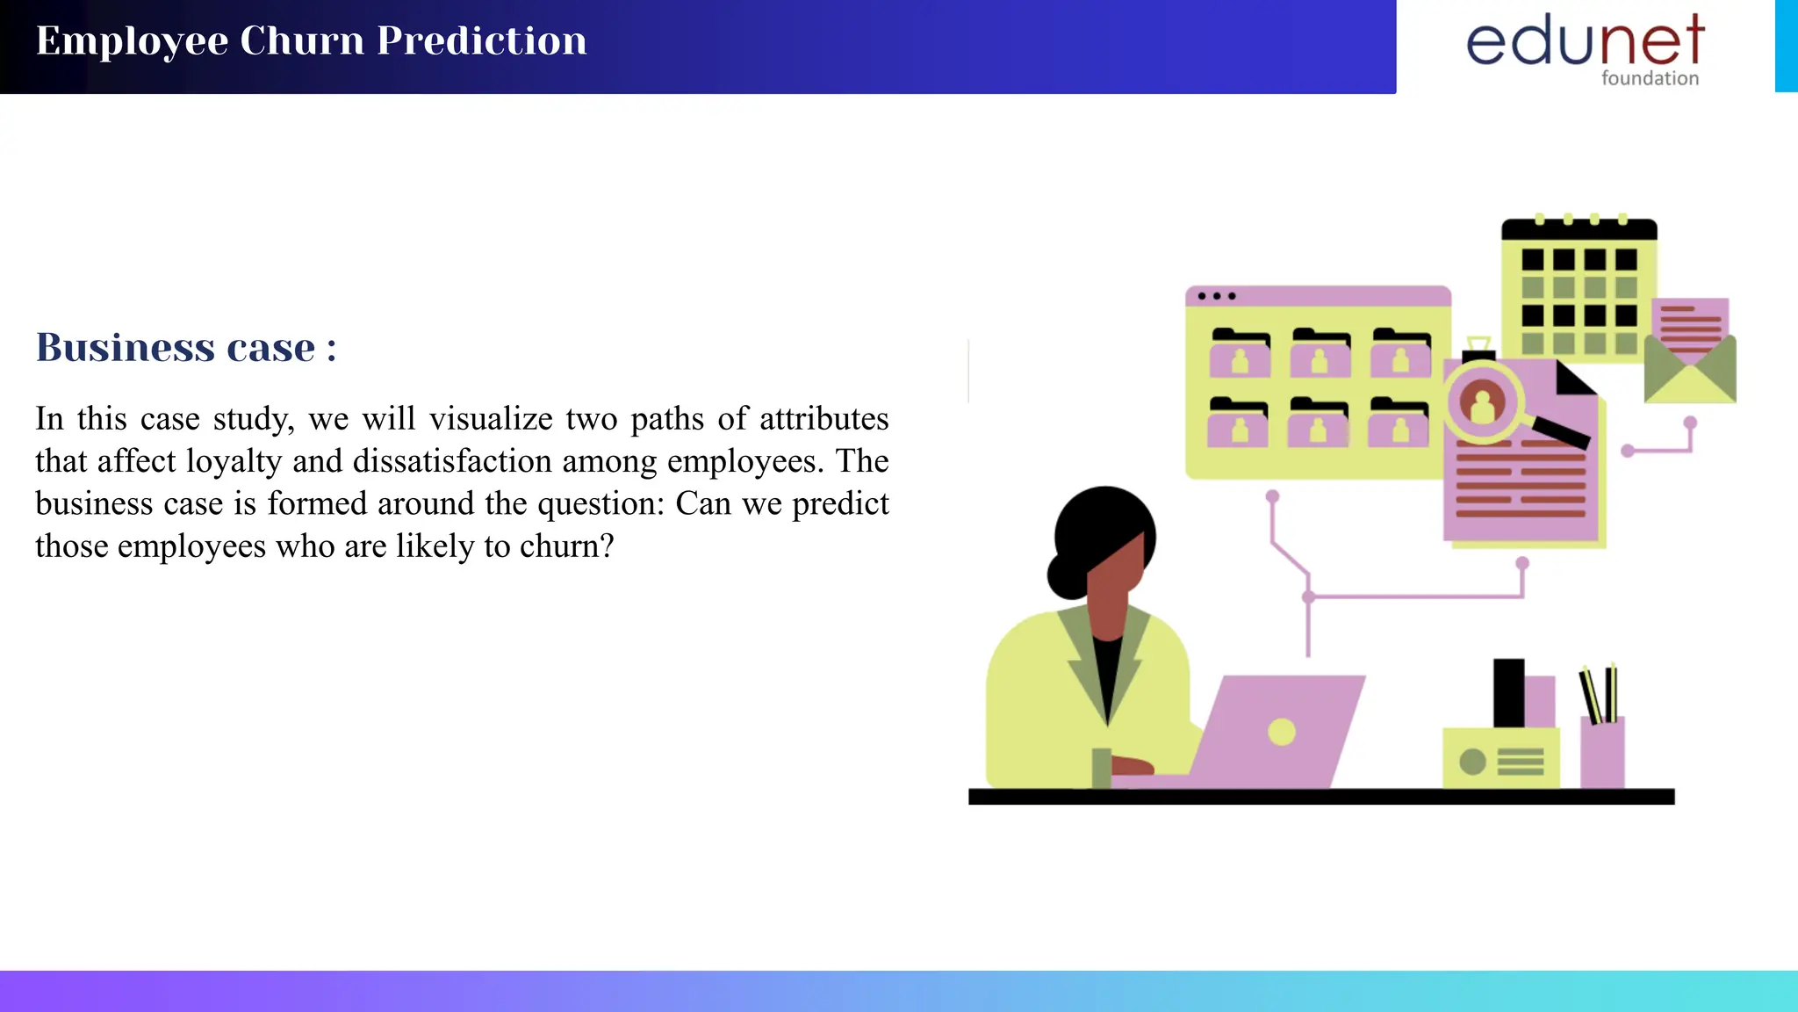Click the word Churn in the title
[x=302, y=41]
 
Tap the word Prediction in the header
[x=482, y=41]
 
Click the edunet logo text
[x=1585, y=41]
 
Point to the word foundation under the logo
[x=1650, y=78]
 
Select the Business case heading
[x=185, y=348]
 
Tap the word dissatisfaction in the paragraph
[x=452, y=461]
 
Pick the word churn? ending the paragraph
[x=566, y=546]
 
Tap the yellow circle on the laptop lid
[x=1282, y=732]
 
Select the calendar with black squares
[x=1579, y=290]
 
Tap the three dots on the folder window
[x=1217, y=296]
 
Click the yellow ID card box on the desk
[x=1501, y=758]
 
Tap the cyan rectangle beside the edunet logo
[x=1786, y=46]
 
